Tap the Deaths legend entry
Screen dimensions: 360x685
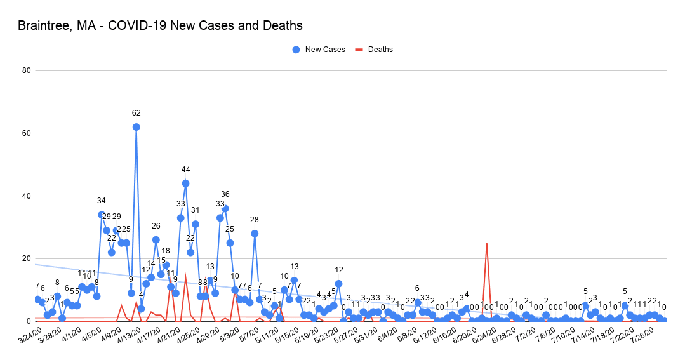coord(380,50)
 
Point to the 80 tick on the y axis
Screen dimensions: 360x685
coord(27,70)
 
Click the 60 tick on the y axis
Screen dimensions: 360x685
coord(27,133)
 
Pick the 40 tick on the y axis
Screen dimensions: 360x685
coord(27,196)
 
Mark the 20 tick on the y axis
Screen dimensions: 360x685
coord(27,258)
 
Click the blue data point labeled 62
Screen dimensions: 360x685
coord(136,127)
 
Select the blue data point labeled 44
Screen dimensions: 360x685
coord(185,183)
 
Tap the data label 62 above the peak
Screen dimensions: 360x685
coord(136,113)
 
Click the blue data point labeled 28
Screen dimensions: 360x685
coord(255,234)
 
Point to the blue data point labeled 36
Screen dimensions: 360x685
coord(225,208)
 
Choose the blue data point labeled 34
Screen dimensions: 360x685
coord(102,215)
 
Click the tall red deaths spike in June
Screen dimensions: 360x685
coord(486,244)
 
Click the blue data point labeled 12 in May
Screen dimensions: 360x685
coord(338,284)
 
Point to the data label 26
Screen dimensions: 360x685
coord(156,226)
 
